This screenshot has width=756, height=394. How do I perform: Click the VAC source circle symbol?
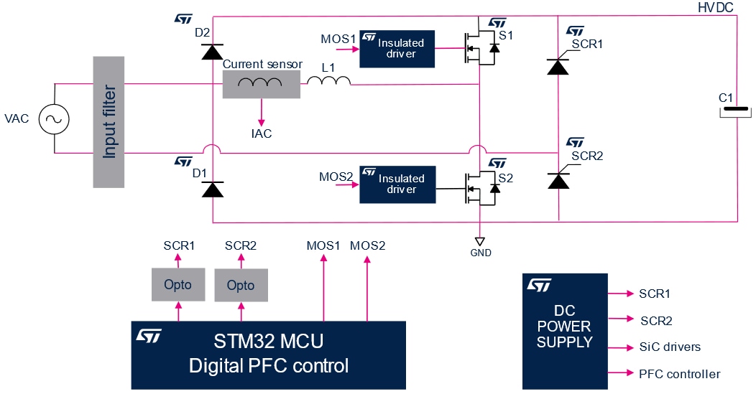[54, 118]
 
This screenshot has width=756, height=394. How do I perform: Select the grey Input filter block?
[109, 122]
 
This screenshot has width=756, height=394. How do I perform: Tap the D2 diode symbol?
[212, 51]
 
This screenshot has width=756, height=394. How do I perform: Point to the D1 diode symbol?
[212, 189]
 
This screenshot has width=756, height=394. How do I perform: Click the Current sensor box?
[261, 85]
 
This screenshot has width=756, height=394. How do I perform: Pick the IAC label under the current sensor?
[262, 133]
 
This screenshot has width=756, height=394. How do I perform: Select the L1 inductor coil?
[329, 80]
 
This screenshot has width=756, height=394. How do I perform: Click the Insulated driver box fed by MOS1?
[397, 48]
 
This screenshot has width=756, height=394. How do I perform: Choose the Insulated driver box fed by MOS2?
[397, 184]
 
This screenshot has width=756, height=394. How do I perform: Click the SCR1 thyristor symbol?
[558, 66]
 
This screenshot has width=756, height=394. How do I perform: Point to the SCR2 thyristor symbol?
[558, 179]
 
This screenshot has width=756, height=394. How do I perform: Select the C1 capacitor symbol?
[735, 111]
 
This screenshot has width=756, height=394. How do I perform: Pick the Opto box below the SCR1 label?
[178, 285]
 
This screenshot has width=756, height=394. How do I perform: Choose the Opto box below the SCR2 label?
[241, 286]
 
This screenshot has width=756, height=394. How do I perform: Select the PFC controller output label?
[679, 374]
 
